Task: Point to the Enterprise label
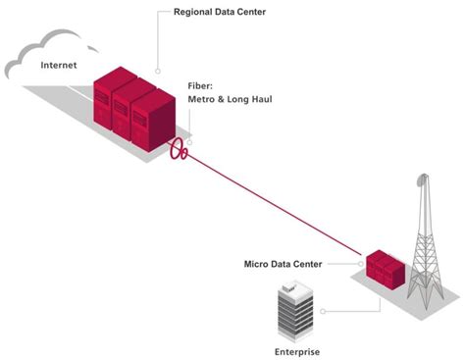click(294, 350)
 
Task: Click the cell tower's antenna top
click(422, 180)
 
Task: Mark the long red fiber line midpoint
click(276, 205)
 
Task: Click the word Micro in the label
click(256, 264)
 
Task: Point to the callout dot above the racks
click(157, 71)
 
